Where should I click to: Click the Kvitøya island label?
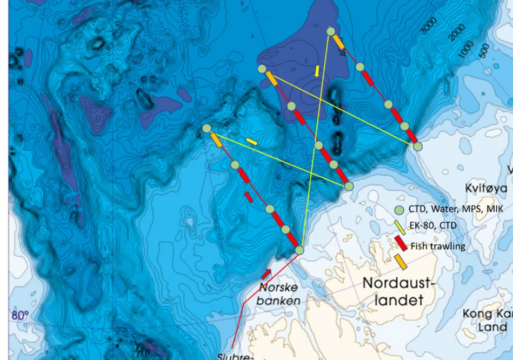click(x=486, y=188)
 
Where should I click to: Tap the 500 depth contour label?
click(x=484, y=49)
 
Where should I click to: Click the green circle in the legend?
click(x=399, y=210)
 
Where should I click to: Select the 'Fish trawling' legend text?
click(x=438, y=246)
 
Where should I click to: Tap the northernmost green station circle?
click(x=331, y=31)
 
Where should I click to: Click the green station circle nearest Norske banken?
click(x=300, y=250)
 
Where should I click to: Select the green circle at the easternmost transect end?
click(x=417, y=146)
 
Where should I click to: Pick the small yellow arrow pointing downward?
click(x=317, y=71)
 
